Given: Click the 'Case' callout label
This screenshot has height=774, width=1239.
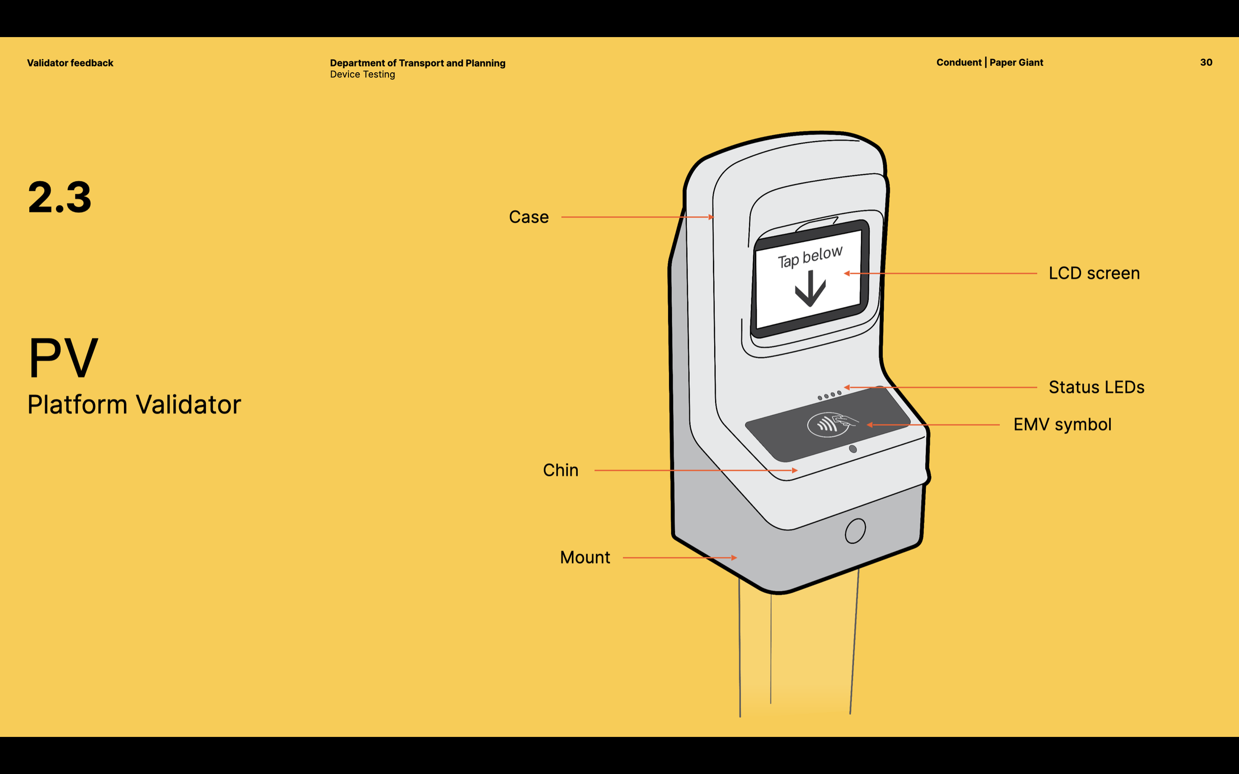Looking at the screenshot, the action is click(x=529, y=217).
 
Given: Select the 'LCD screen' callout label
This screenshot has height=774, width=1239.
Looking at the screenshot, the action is click(x=1094, y=273).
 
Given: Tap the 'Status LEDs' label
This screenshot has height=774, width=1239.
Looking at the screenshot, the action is click(x=1096, y=388).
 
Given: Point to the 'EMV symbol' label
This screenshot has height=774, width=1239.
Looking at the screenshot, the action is click(x=1062, y=425).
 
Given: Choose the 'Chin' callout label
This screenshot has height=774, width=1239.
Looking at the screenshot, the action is click(x=561, y=470).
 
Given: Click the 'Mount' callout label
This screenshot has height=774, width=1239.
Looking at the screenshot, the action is click(x=585, y=558).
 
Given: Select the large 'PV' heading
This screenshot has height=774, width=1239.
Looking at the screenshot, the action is click(x=63, y=358).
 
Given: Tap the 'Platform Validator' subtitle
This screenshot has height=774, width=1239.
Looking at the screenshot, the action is click(x=134, y=405).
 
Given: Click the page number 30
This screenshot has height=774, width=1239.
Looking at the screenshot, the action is click(x=1206, y=62).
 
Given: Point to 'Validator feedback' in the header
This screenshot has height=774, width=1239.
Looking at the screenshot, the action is click(x=70, y=63).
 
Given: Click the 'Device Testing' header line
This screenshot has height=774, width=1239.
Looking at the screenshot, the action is click(x=363, y=75).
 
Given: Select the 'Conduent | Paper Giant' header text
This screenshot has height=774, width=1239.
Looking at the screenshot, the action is click(x=990, y=62).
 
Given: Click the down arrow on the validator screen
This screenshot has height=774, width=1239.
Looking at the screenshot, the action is click(x=810, y=289).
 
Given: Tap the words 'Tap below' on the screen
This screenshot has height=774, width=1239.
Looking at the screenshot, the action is click(x=810, y=257).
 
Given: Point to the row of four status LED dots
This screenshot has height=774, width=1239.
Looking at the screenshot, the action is click(x=829, y=395).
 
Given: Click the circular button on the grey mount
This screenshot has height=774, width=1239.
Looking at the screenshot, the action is click(x=855, y=531).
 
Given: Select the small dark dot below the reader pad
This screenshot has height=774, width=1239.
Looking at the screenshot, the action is click(x=853, y=449).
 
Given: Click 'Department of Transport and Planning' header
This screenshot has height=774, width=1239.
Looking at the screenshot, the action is click(x=417, y=63).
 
